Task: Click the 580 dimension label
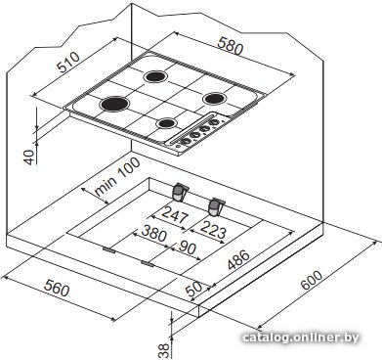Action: [x=231, y=46]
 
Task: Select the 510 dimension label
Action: [x=68, y=62]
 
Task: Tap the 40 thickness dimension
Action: [x=30, y=157]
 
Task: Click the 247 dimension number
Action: [x=175, y=215]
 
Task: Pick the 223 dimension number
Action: [x=213, y=230]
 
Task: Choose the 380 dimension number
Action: [x=153, y=234]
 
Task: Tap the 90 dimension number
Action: [x=187, y=247]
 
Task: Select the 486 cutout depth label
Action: [x=238, y=260]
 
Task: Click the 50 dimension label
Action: [x=193, y=289]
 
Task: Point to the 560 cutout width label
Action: [x=57, y=289]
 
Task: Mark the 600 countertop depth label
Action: [x=312, y=280]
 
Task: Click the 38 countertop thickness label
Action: [x=165, y=351]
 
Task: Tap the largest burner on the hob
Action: [x=114, y=104]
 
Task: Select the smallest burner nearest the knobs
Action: [x=166, y=123]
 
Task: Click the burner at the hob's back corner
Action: [x=155, y=76]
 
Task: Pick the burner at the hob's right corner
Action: [x=214, y=99]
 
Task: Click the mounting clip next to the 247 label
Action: [x=180, y=192]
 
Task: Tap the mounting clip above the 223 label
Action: [x=216, y=207]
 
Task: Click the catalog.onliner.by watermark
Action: [x=301, y=337]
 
